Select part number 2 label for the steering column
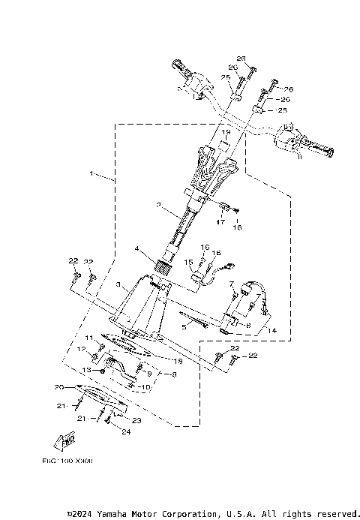point(158,204)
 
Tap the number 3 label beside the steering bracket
point(118,285)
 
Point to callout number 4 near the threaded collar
point(136,248)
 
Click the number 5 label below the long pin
point(184,327)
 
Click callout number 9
point(148,373)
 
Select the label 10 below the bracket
point(147,387)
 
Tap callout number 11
point(88,338)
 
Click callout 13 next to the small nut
point(87,370)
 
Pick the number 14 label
point(271,330)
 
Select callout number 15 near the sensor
point(190,263)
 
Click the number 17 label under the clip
point(221,221)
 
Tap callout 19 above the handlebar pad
point(204,132)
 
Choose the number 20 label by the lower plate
point(58,387)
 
